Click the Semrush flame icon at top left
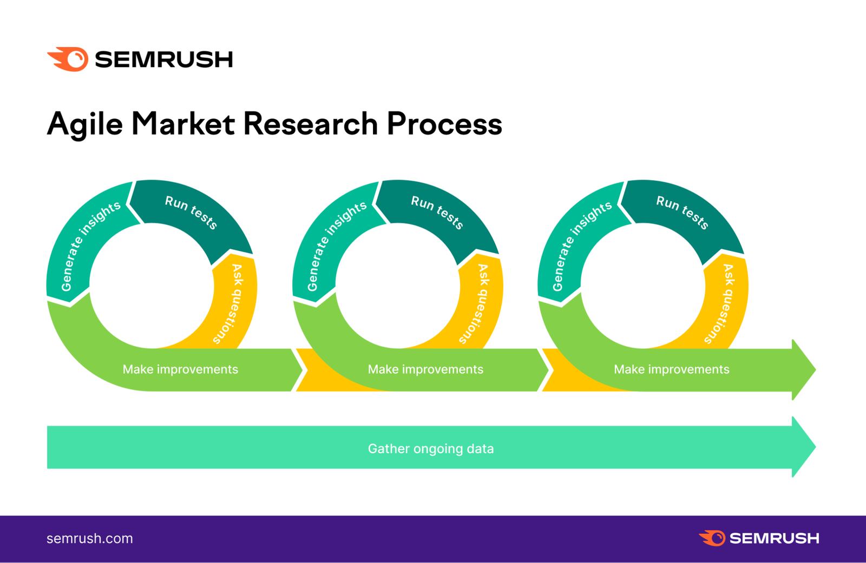(69, 59)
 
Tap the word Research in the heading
(310, 124)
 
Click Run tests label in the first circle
(191, 212)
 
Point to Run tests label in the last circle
(683, 212)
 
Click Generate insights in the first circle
(90, 246)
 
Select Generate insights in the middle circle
(336, 246)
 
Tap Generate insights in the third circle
(581, 246)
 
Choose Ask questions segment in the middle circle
(478, 303)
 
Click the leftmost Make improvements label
(180, 369)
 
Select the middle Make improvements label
(425, 369)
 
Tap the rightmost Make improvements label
(671, 369)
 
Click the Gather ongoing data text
(430, 449)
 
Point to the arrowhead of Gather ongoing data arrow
(803, 447)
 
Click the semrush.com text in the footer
(90, 539)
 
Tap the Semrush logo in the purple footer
(759, 538)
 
